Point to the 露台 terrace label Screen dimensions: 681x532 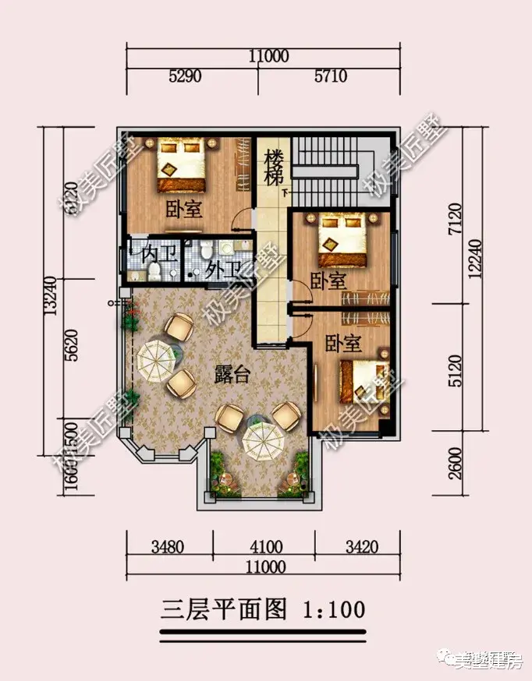click(232, 374)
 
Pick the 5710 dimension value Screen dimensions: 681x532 click(330, 76)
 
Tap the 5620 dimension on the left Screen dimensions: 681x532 click(73, 343)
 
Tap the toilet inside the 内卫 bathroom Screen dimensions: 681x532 click(154, 271)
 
